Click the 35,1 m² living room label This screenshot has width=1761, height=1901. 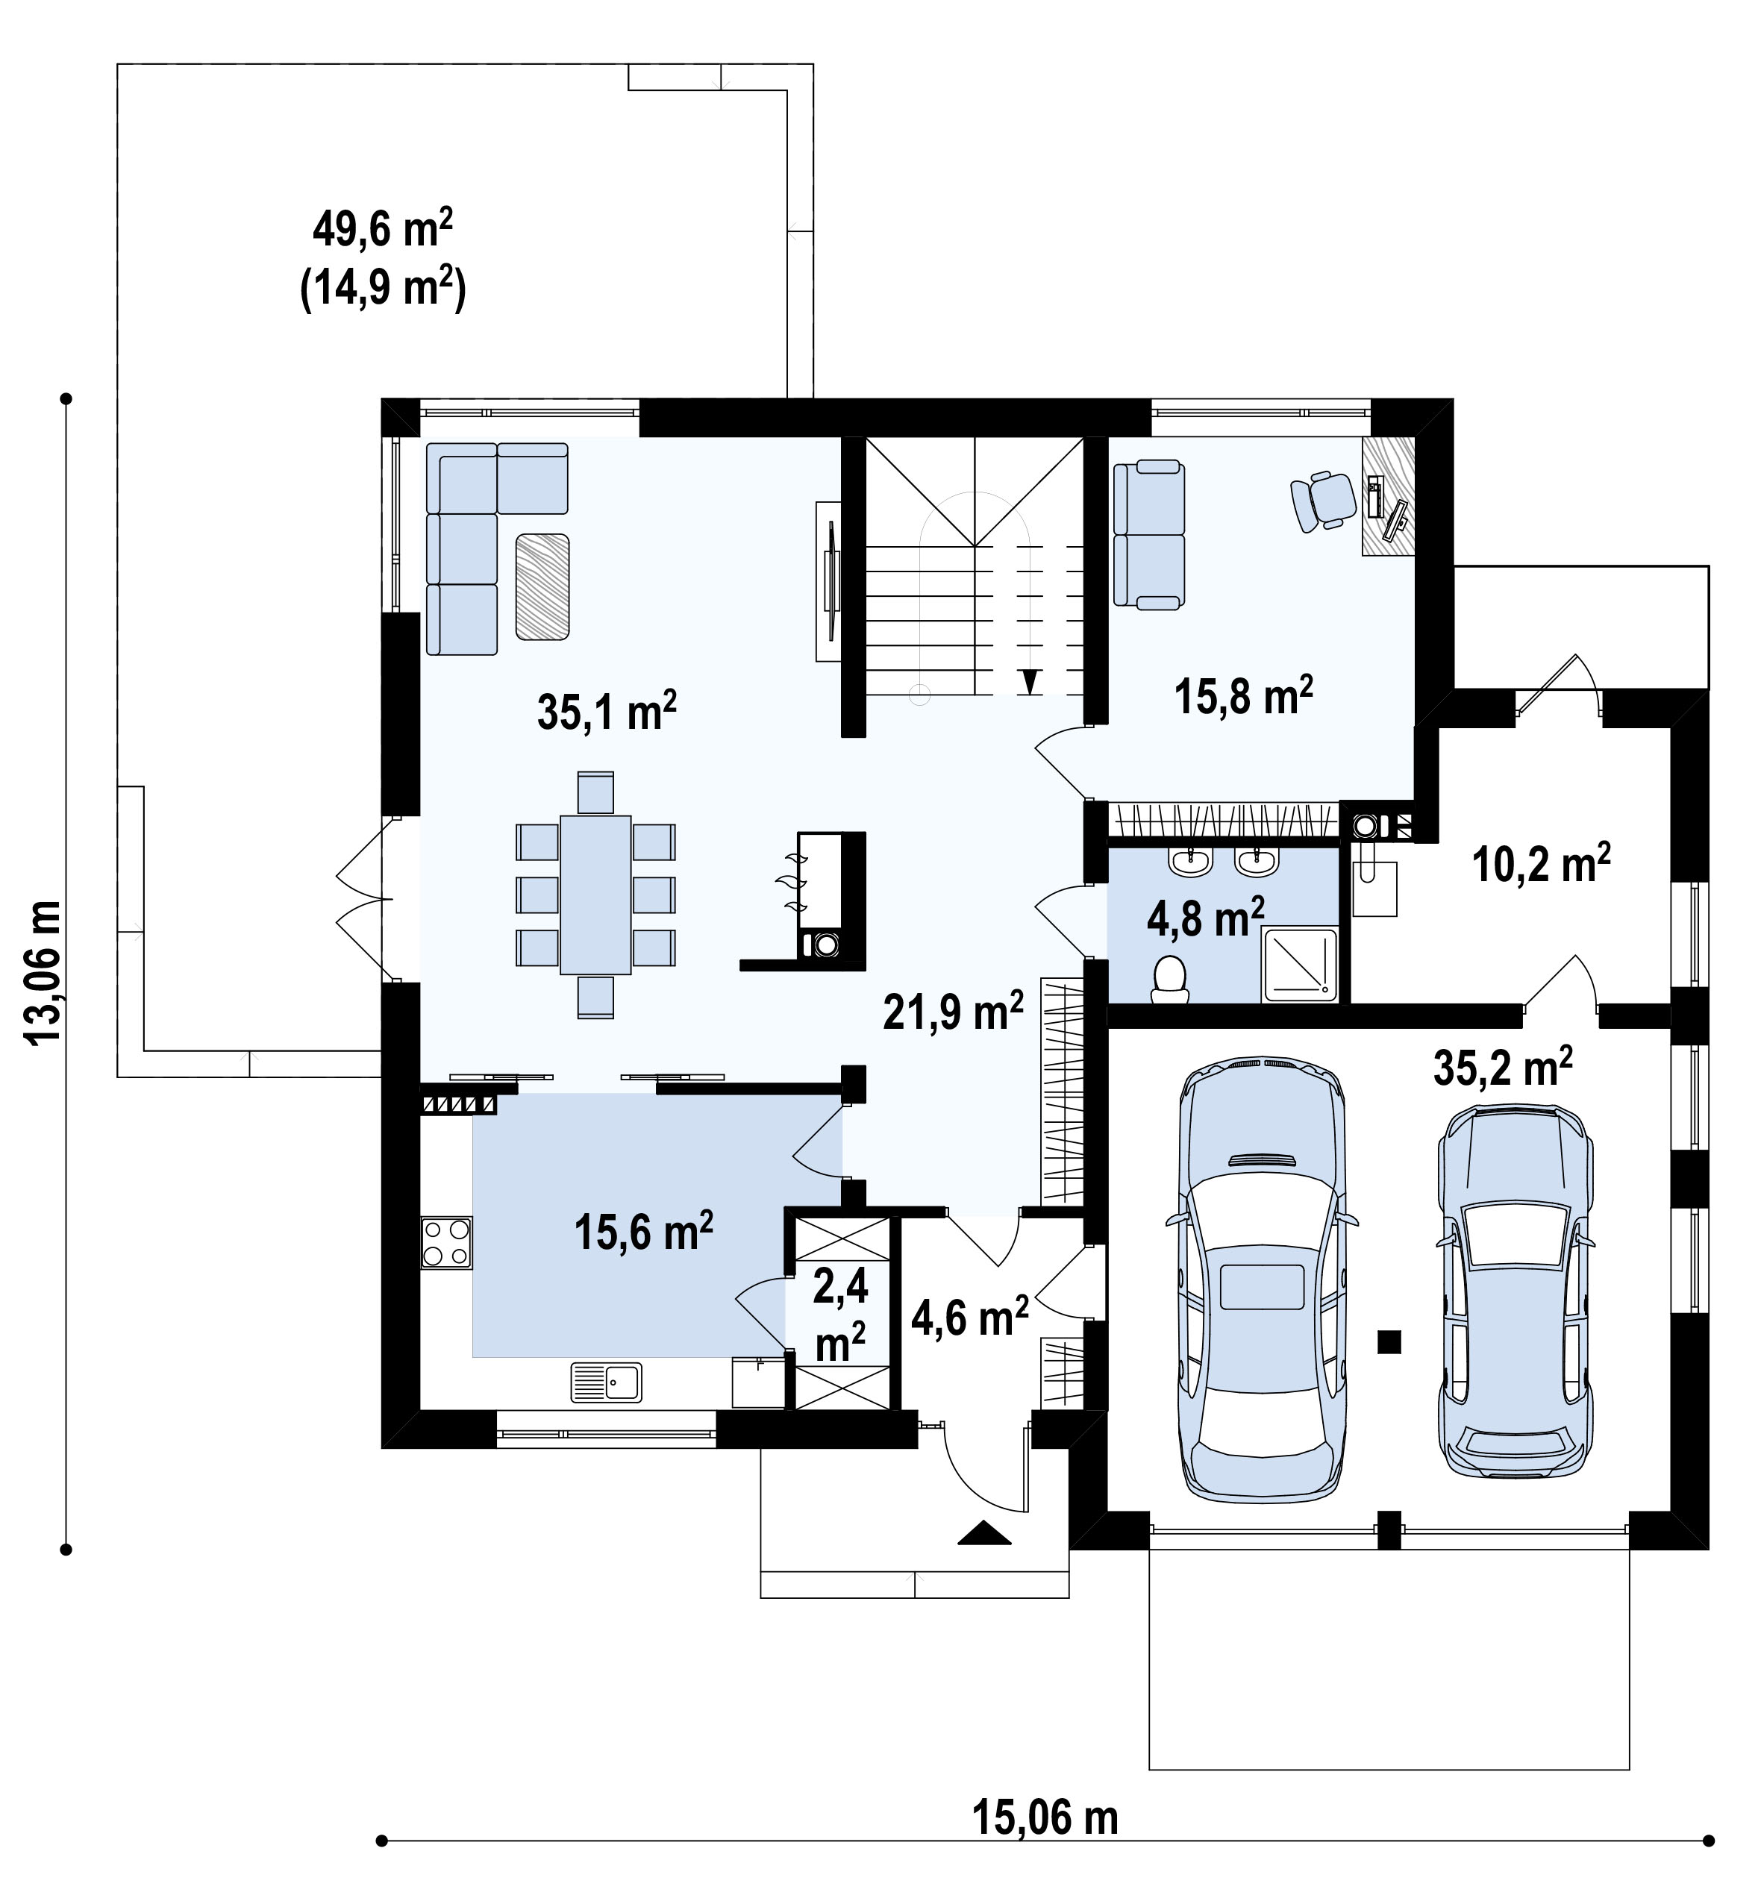point(607,712)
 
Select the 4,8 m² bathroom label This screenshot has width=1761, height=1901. point(1205,918)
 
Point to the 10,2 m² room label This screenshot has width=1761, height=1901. point(1541,863)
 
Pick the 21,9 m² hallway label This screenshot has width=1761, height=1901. point(953,1011)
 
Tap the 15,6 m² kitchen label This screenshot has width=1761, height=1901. point(643,1232)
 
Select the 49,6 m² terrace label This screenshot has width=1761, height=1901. point(382,230)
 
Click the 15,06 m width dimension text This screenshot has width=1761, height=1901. point(1045,1818)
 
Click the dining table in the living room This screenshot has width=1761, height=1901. point(595,895)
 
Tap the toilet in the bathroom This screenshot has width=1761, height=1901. point(1169,979)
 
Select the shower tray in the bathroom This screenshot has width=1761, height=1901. point(1301,965)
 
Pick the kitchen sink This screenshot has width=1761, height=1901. point(606,1382)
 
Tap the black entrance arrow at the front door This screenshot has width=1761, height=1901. point(984,1533)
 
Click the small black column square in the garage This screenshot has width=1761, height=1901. point(1389,1341)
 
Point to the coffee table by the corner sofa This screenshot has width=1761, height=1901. point(542,586)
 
